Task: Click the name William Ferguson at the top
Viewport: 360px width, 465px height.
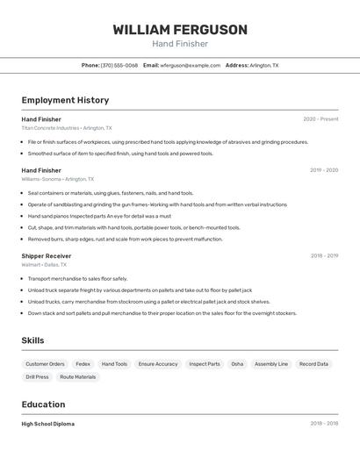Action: (180, 30)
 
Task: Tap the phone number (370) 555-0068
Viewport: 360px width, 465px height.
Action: (119, 66)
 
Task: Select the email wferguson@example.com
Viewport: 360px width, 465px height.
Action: (191, 66)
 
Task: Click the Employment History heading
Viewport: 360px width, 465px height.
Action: (65, 100)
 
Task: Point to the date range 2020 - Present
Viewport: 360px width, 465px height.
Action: (320, 119)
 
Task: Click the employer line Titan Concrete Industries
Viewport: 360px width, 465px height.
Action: (67, 128)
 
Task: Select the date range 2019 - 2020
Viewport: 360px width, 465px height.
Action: (324, 170)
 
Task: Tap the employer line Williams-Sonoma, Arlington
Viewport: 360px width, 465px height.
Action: (60, 179)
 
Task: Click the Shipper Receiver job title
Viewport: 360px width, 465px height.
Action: (47, 256)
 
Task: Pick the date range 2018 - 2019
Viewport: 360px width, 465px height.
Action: (324, 256)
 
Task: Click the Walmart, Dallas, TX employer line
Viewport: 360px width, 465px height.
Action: (44, 264)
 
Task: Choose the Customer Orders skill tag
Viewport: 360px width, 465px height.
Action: (45, 364)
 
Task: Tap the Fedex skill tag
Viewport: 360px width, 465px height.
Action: (83, 364)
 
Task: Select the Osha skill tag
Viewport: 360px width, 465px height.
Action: (237, 364)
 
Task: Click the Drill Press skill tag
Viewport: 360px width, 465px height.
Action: (37, 377)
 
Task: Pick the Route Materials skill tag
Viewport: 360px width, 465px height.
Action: (78, 377)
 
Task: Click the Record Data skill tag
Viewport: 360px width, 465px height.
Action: (313, 364)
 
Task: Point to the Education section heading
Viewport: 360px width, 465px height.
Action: (43, 404)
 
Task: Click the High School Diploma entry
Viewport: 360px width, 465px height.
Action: (48, 424)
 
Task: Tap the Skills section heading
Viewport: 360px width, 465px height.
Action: (32, 340)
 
